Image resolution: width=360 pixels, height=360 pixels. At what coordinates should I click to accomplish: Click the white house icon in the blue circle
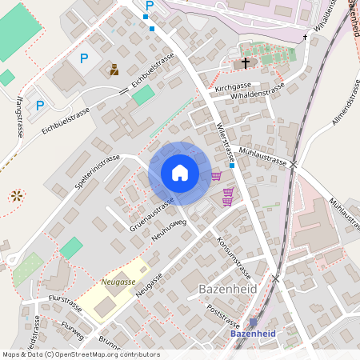pos(180,172)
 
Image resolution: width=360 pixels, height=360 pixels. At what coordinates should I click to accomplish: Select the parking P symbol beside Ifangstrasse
pos(39,105)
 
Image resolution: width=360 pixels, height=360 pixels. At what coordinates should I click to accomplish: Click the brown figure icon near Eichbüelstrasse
pos(114,70)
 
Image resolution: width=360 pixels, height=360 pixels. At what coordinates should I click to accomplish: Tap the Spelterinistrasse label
pos(96,173)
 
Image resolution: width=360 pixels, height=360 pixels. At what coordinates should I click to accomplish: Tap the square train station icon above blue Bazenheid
pos(254,322)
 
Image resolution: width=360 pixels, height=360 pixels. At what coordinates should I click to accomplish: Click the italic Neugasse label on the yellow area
pos(118,282)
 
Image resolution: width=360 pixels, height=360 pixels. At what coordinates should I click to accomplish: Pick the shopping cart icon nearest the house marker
pos(216,176)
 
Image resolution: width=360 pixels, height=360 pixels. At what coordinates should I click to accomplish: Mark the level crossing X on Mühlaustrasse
pos(294,164)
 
